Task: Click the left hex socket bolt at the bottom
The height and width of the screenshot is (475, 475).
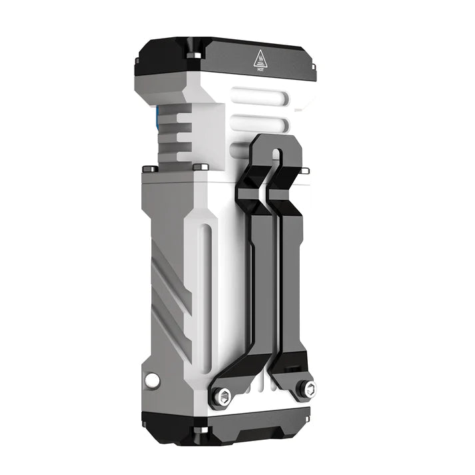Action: coord(221,397)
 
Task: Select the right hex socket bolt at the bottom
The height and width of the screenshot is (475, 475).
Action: coord(307,388)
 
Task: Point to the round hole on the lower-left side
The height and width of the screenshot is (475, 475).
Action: coord(153,380)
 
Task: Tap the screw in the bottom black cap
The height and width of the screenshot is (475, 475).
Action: coord(198,430)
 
